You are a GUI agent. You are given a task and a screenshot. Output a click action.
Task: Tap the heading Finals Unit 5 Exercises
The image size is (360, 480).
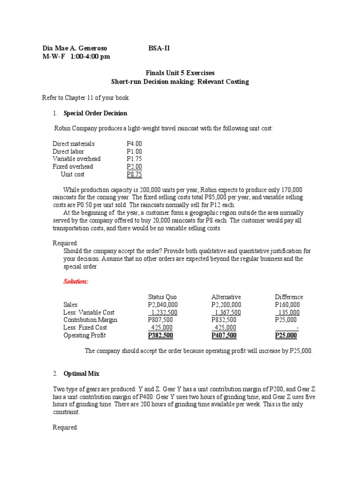click(180, 73)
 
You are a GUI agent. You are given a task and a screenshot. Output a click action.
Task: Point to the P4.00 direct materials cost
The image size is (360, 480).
click(134, 144)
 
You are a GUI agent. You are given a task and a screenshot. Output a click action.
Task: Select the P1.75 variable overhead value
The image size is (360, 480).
click(134, 159)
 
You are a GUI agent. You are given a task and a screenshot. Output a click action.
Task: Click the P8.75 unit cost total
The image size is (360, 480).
click(134, 174)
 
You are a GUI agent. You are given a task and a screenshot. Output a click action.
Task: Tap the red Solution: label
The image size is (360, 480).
click(76, 282)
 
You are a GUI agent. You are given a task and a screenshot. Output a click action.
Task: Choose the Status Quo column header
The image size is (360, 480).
click(162, 297)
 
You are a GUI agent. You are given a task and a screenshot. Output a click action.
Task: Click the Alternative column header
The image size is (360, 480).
click(226, 297)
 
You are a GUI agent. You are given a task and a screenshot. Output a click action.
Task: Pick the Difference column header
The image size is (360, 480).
click(289, 297)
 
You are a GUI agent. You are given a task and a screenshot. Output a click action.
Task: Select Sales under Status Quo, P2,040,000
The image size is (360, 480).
click(163, 305)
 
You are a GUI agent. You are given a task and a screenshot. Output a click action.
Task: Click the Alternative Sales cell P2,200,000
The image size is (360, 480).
click(226, 305)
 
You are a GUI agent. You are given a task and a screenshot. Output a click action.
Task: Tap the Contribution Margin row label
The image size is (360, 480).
click(90, 320)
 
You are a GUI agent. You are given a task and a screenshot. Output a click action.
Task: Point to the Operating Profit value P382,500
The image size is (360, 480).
click(161, 335)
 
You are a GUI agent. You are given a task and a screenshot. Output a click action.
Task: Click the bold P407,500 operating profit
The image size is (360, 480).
click(224, 335)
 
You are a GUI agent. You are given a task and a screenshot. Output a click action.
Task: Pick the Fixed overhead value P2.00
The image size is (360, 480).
click(134, 166)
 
